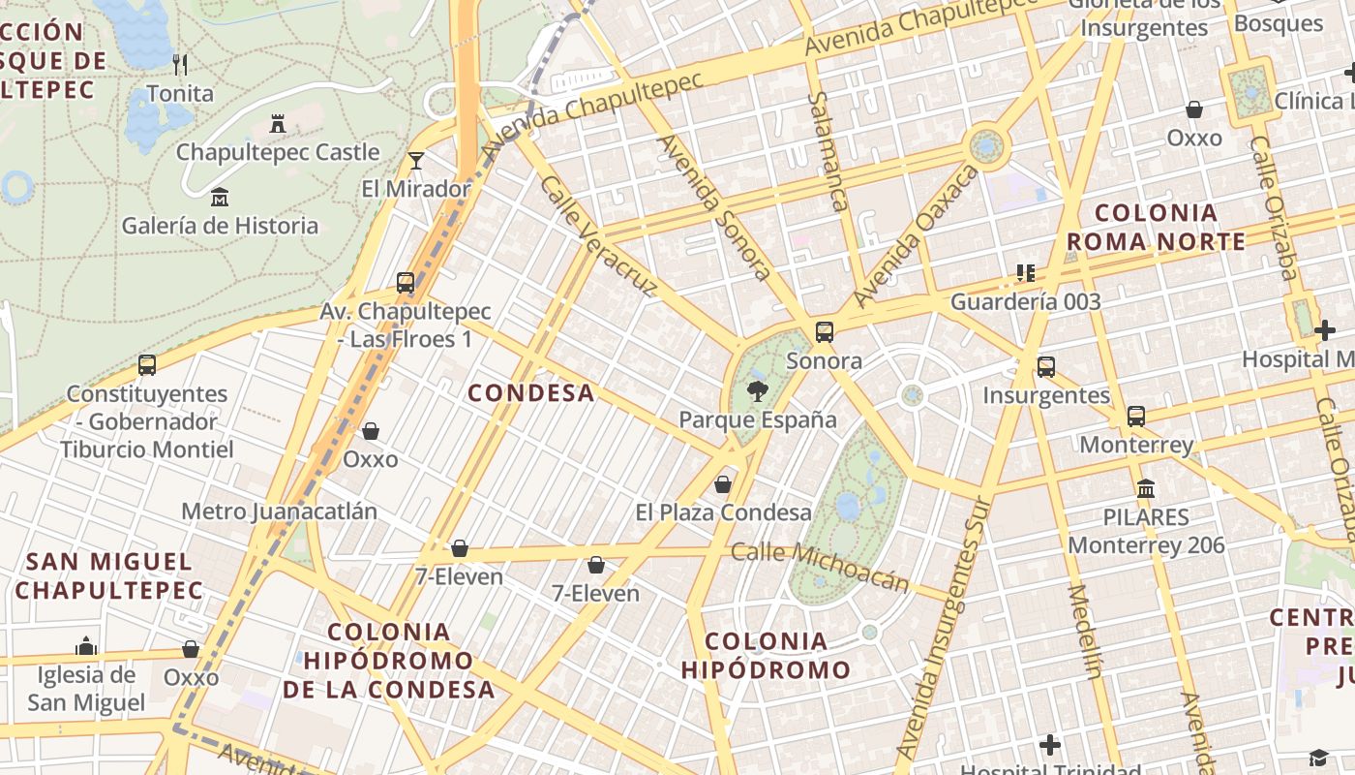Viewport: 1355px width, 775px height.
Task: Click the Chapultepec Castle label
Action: coord(278,152)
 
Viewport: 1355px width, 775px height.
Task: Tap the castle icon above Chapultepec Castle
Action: coord(278,123)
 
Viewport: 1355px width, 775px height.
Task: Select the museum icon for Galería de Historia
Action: coord(220,197)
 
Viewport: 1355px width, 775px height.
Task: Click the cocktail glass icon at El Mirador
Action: coord(416,160)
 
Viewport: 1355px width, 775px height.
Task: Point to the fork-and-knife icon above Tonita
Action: coord(179,65)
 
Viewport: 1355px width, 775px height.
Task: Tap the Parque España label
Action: coord(758,420)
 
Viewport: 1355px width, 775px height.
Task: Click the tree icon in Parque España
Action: coord(758,391)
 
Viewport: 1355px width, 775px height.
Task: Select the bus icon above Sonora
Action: coord(825,332)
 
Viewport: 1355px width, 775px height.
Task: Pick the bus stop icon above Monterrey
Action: coord(1136,417)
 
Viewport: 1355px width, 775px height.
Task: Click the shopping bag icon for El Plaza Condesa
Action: coord(723,484)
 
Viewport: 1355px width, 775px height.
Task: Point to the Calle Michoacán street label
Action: coord(820,565)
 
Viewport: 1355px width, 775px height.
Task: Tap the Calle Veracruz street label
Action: coord(598,235)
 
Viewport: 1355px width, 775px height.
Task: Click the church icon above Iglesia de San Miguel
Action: coord(86,646)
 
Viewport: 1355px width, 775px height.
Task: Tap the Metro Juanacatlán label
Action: coord(279,511)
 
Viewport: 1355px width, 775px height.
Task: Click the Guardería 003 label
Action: coord(1026,301)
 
